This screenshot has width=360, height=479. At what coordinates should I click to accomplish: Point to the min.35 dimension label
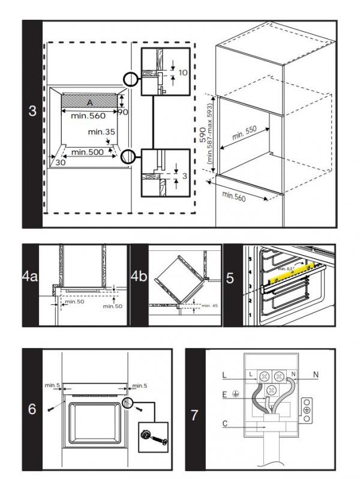pyautogui.click(x=100, y=131)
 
